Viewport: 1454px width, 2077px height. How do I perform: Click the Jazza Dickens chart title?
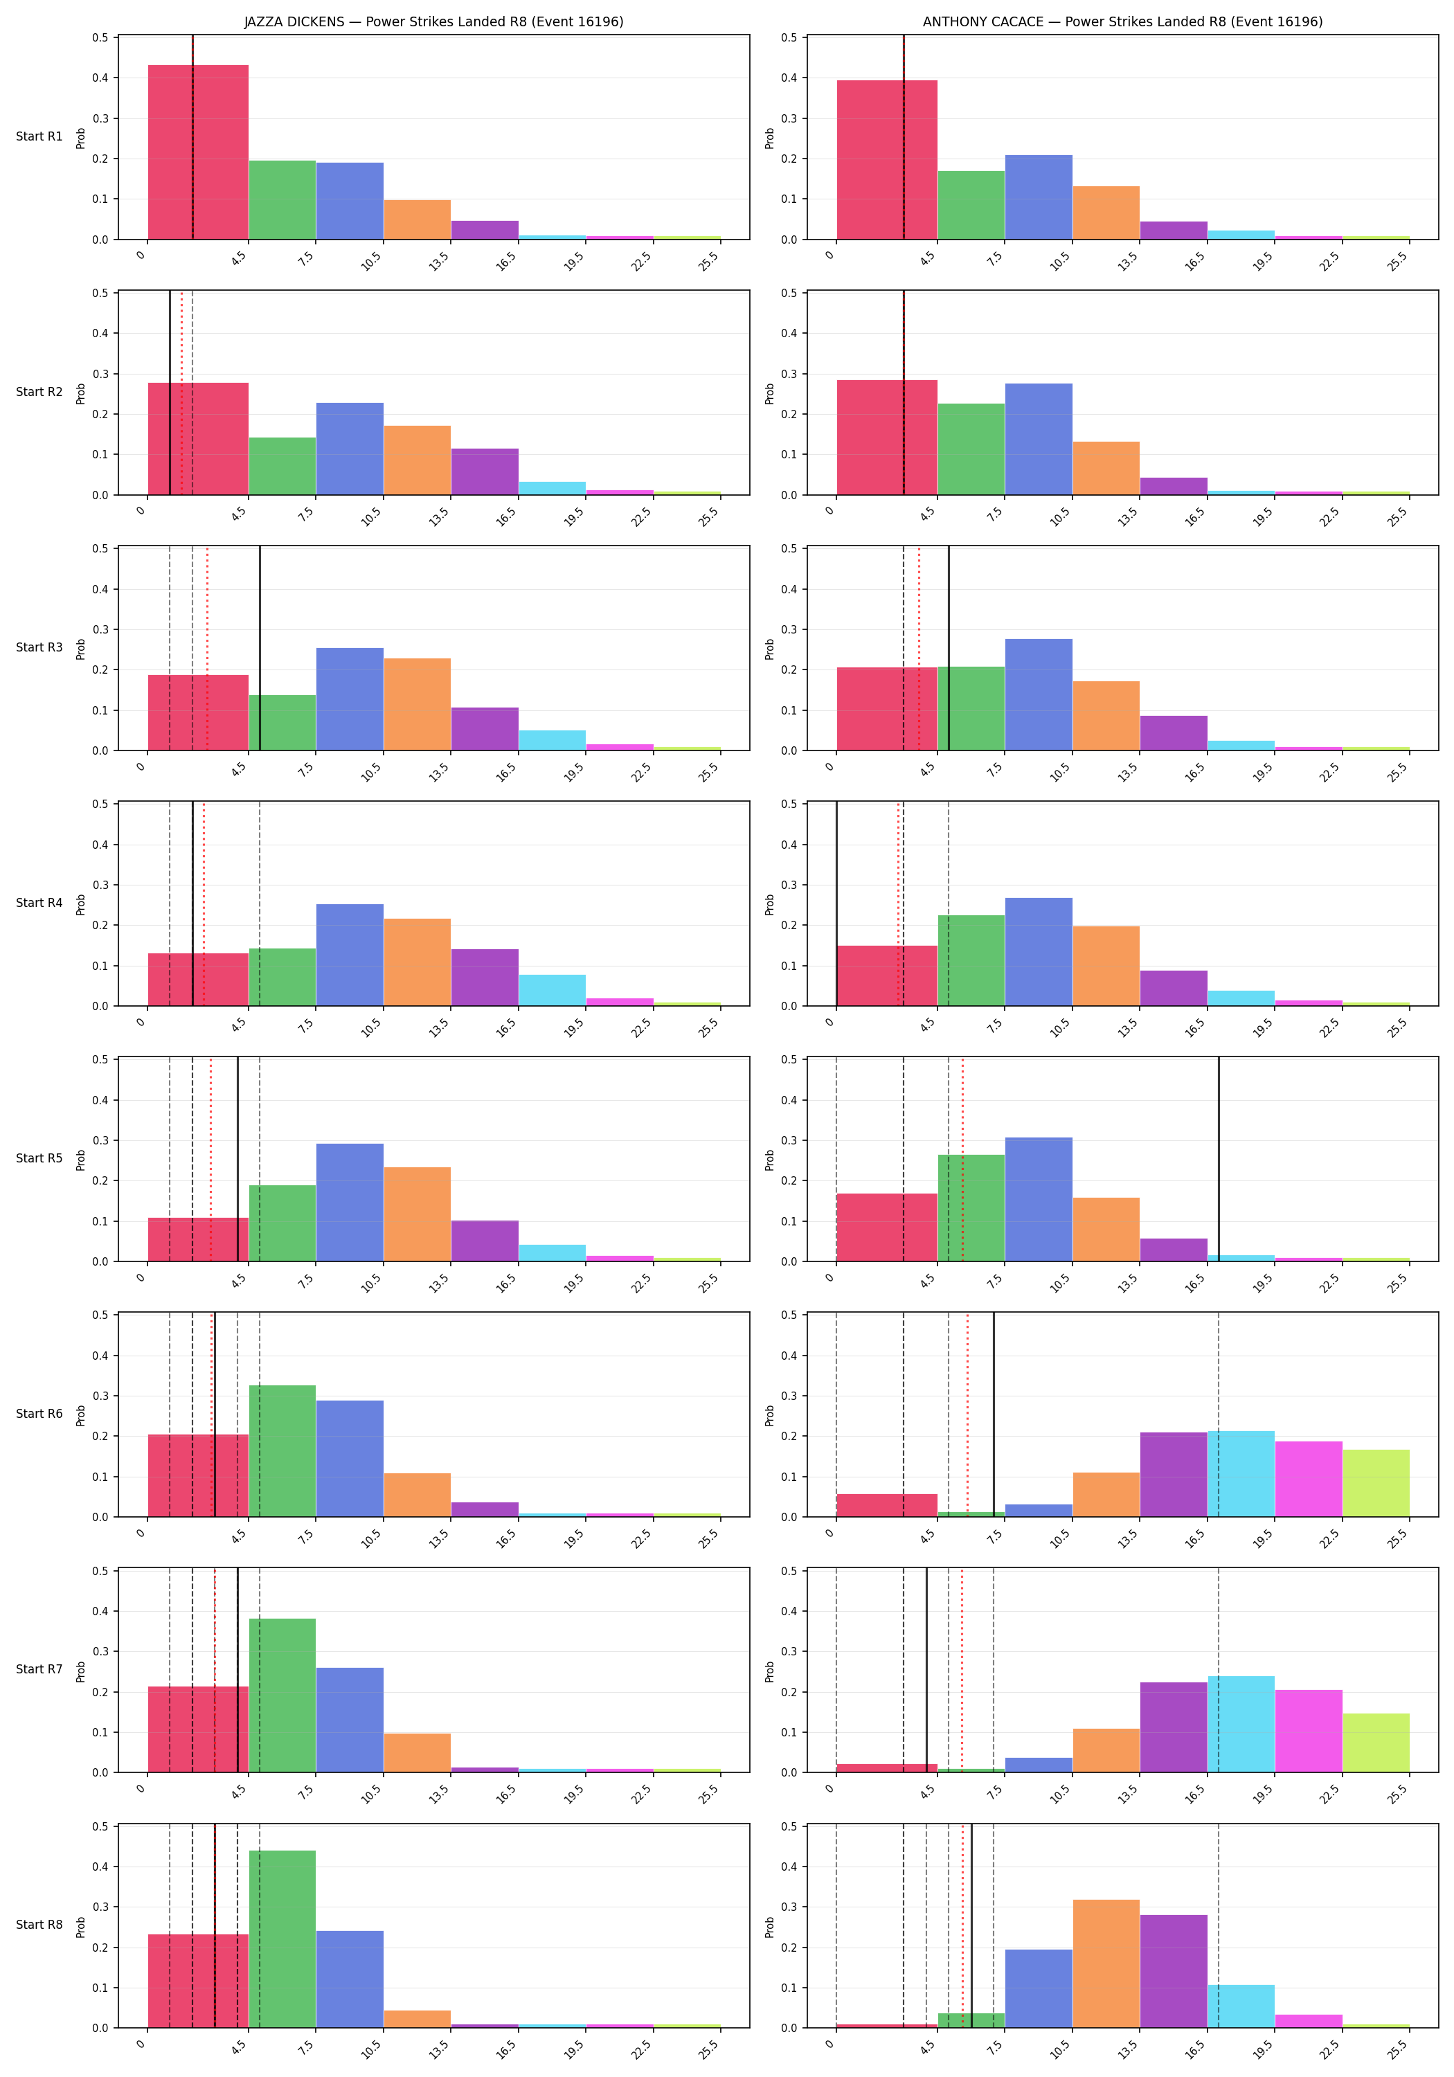(x=433, y=21)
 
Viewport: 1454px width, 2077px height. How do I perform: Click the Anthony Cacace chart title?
(x=1122, y=21)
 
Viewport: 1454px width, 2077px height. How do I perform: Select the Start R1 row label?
(x=39, y=136)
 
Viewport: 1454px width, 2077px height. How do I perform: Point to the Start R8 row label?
(x=39, y=1924)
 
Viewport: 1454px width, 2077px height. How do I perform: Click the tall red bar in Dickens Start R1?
(x=198, y=152)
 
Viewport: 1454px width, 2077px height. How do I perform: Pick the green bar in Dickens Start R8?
(x=282, y=1939)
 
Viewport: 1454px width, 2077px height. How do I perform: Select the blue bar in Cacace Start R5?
(x=1039, y=1200)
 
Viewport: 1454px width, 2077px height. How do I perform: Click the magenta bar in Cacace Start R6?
(x=1309, y=1479)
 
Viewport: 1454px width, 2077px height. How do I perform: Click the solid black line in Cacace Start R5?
(x=1219, y=1159)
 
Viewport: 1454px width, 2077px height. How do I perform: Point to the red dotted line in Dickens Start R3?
(x=207, y=648)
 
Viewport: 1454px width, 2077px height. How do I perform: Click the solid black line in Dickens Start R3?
(x=260, y=648)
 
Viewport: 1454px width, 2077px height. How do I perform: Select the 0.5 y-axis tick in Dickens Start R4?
(x=100, y=804)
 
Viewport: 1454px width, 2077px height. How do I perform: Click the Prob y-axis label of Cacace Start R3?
(x=770, y=649)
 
